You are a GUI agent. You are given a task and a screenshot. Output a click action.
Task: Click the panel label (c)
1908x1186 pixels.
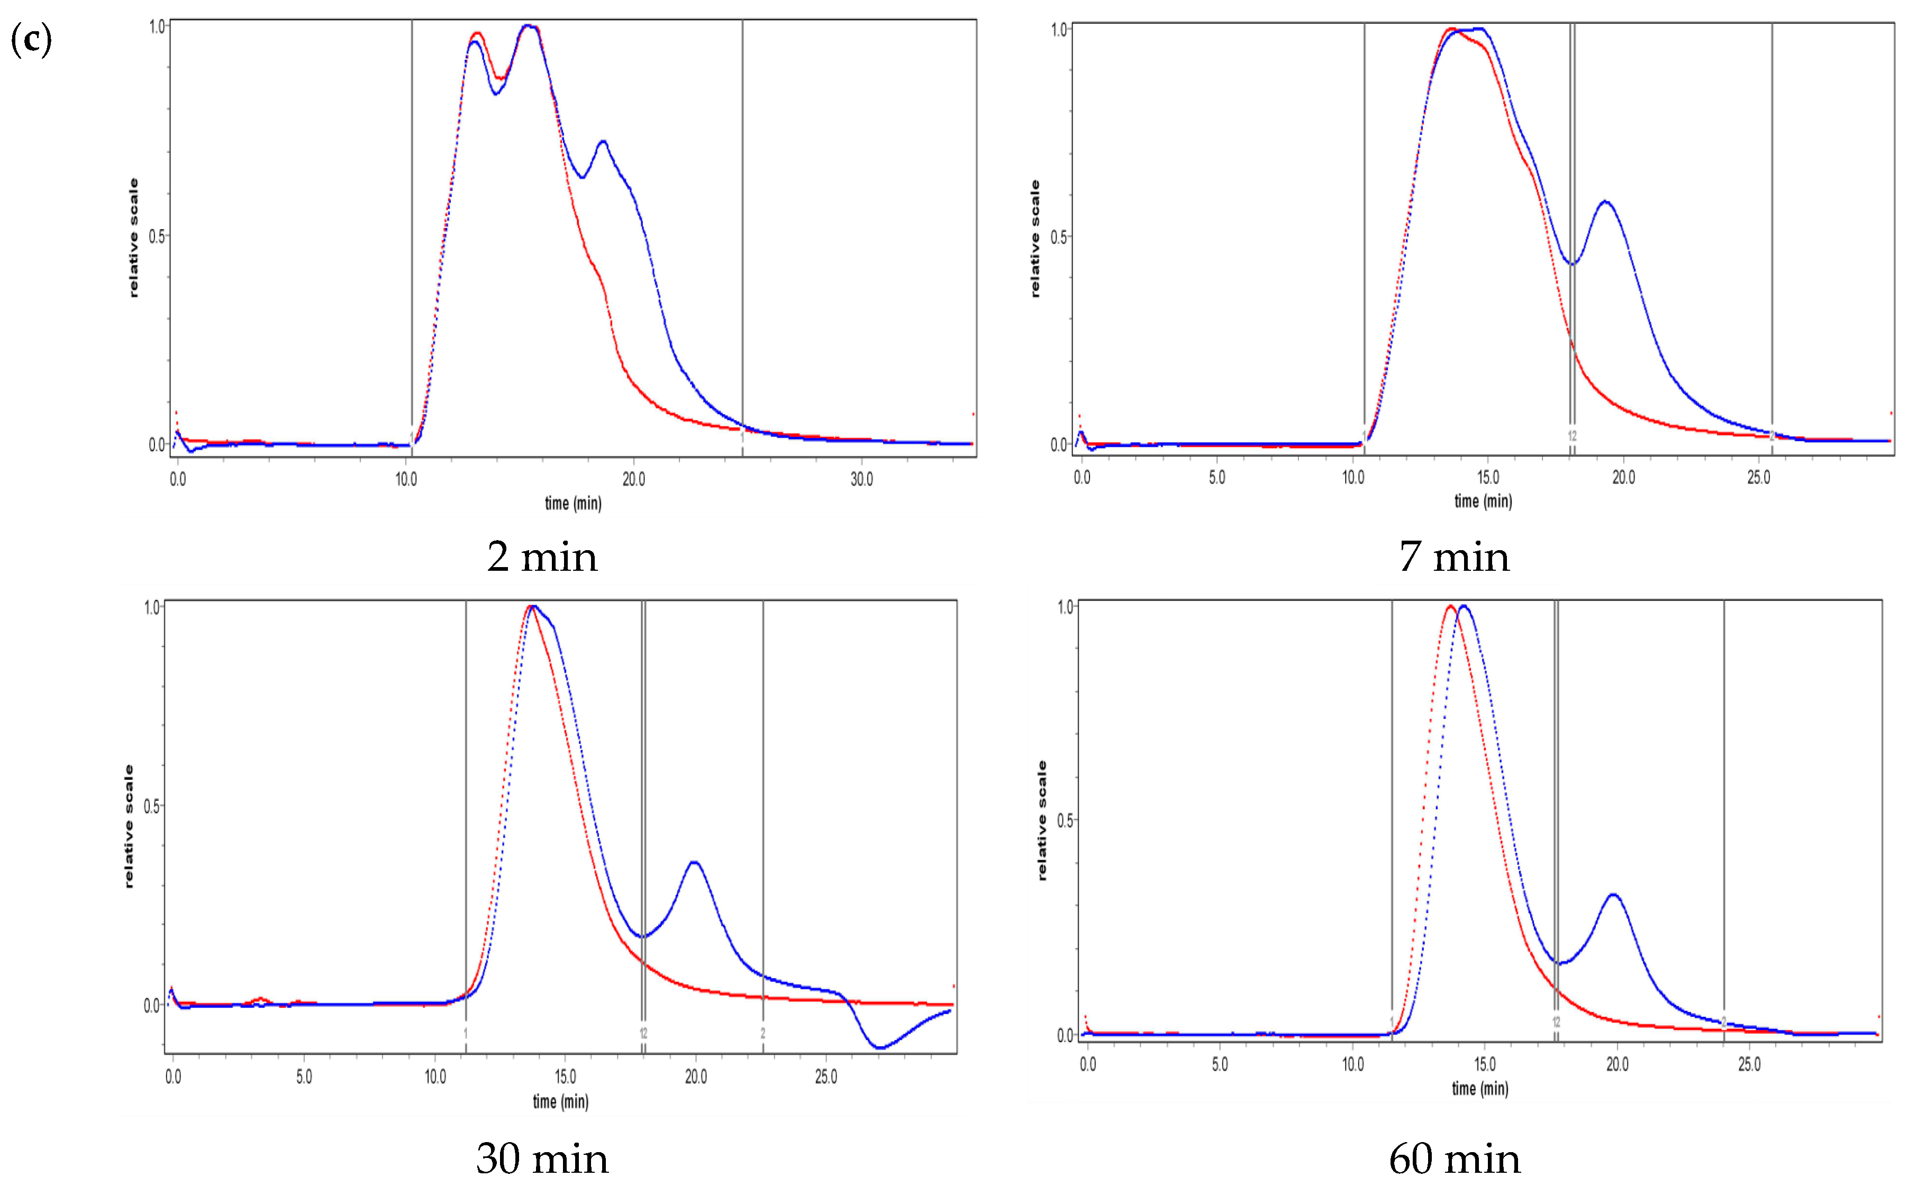click(x=31, y=39)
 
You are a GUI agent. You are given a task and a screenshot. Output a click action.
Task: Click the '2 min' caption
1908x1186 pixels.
click(x=542, y=558)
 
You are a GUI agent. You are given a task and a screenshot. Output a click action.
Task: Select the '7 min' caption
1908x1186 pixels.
click(x=1453, y=558)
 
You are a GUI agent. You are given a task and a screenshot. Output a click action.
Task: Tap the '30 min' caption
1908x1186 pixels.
click(x=542, y=1158)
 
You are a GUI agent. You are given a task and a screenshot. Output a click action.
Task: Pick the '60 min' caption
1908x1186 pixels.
click(x=1453, y=1158)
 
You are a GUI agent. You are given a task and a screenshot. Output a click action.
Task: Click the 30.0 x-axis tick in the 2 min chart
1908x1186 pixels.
click(x=861, y=479)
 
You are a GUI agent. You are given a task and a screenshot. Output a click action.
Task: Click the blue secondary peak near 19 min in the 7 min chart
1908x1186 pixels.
click(x=1605, y=203)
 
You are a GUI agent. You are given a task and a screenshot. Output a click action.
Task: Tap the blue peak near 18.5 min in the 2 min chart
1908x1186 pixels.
click(x=603, y=142)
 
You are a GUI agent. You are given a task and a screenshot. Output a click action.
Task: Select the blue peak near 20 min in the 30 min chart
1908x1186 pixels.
click(x=694, y=862)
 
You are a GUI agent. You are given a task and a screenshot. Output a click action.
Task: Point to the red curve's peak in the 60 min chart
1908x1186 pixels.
click(x=1450, y=606)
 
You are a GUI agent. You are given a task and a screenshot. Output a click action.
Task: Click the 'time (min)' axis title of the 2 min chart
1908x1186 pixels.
click(x=573, y=504)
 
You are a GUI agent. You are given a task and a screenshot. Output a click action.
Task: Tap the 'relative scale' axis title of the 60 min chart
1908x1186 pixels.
click(x=1042, y=820)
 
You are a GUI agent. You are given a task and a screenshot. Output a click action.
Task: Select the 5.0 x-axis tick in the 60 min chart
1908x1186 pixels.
click(x=1219, y=1064)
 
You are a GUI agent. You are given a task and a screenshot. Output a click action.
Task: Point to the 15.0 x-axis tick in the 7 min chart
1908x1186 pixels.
click(x=1487, y=477)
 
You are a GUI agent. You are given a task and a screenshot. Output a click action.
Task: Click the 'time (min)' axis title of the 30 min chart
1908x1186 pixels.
click(x=560, y=1101)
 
